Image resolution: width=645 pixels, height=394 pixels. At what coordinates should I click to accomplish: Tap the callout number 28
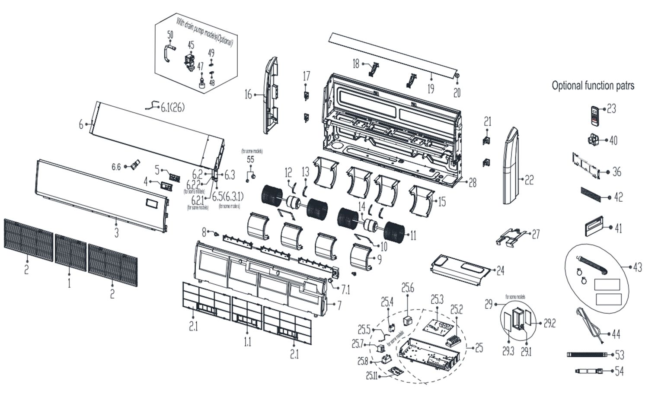[x=473, y=183]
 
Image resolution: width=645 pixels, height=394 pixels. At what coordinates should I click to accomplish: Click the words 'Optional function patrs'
[x=593, y=85]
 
